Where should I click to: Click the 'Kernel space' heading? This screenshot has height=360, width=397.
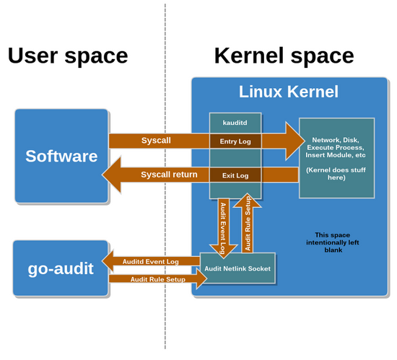(284, 56)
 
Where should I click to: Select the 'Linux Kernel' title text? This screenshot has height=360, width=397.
(288, 92)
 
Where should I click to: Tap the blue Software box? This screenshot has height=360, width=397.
(61, 156)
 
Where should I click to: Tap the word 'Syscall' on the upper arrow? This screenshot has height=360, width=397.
(156, 140)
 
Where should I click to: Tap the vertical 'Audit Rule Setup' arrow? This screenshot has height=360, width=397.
(247, 224)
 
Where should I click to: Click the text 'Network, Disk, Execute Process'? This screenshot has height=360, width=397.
(337, 148)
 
